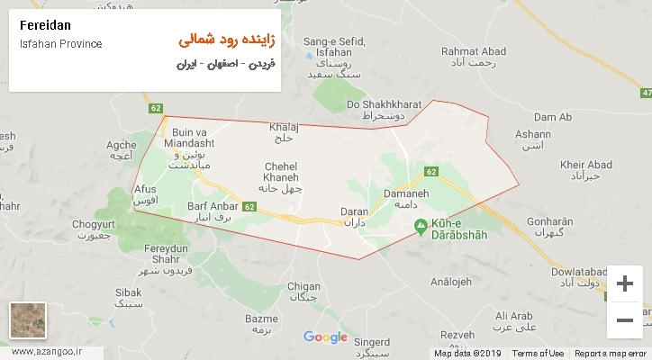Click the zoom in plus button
coord(624,284)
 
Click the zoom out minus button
coord(624,319)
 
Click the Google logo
coord(325,337)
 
